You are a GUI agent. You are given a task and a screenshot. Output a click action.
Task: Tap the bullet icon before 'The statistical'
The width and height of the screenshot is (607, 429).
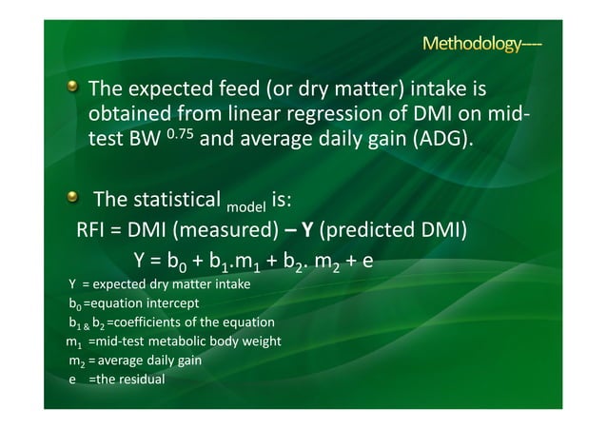click(72, 199)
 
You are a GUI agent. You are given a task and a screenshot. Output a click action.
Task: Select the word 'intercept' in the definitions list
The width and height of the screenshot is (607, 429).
click(172, 304)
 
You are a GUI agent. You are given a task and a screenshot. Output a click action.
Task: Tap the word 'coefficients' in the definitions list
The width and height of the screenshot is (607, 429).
click(152, 322)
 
